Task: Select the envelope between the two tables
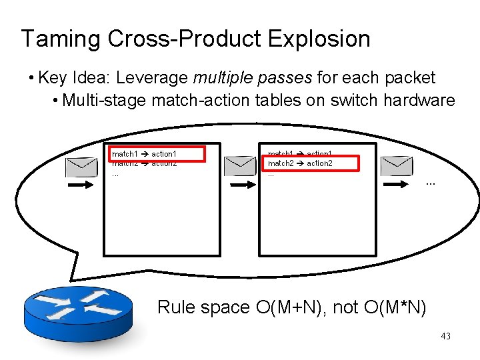[240, 165]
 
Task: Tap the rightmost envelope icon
[397, 165]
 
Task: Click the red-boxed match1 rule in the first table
[157, 154]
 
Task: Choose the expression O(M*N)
[395, 307]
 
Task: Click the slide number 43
[445, 337]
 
